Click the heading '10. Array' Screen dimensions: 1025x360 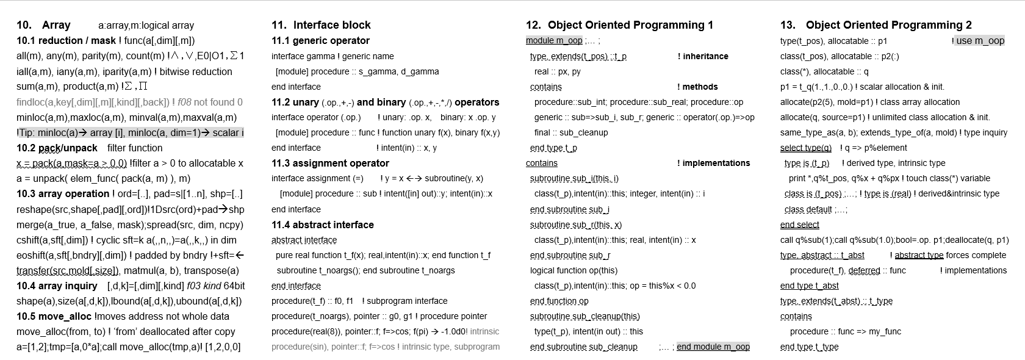(43, 25)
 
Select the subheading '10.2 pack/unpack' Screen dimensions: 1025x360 (57, 148)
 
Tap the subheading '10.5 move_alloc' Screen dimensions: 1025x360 (54, 316)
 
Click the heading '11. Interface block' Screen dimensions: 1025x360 (321, 25)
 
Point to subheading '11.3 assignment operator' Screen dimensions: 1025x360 (330, 163)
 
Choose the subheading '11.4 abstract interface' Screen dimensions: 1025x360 (323, 225)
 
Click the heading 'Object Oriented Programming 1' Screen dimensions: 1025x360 (630, 25)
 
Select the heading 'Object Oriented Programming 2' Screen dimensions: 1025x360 (888, 25)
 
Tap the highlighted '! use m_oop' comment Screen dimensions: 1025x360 (978, 41)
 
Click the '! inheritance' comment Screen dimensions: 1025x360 (703, 56)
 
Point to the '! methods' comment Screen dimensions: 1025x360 (697, 87)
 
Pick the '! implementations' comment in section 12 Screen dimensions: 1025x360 (713, 163)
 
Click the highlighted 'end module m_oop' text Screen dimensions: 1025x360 (713, 347)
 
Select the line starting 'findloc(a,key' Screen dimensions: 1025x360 (129, 102)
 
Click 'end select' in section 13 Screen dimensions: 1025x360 (799, 225)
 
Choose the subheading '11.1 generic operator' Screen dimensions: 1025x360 (320, 41)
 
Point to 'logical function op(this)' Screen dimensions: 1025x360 (574, 270)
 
